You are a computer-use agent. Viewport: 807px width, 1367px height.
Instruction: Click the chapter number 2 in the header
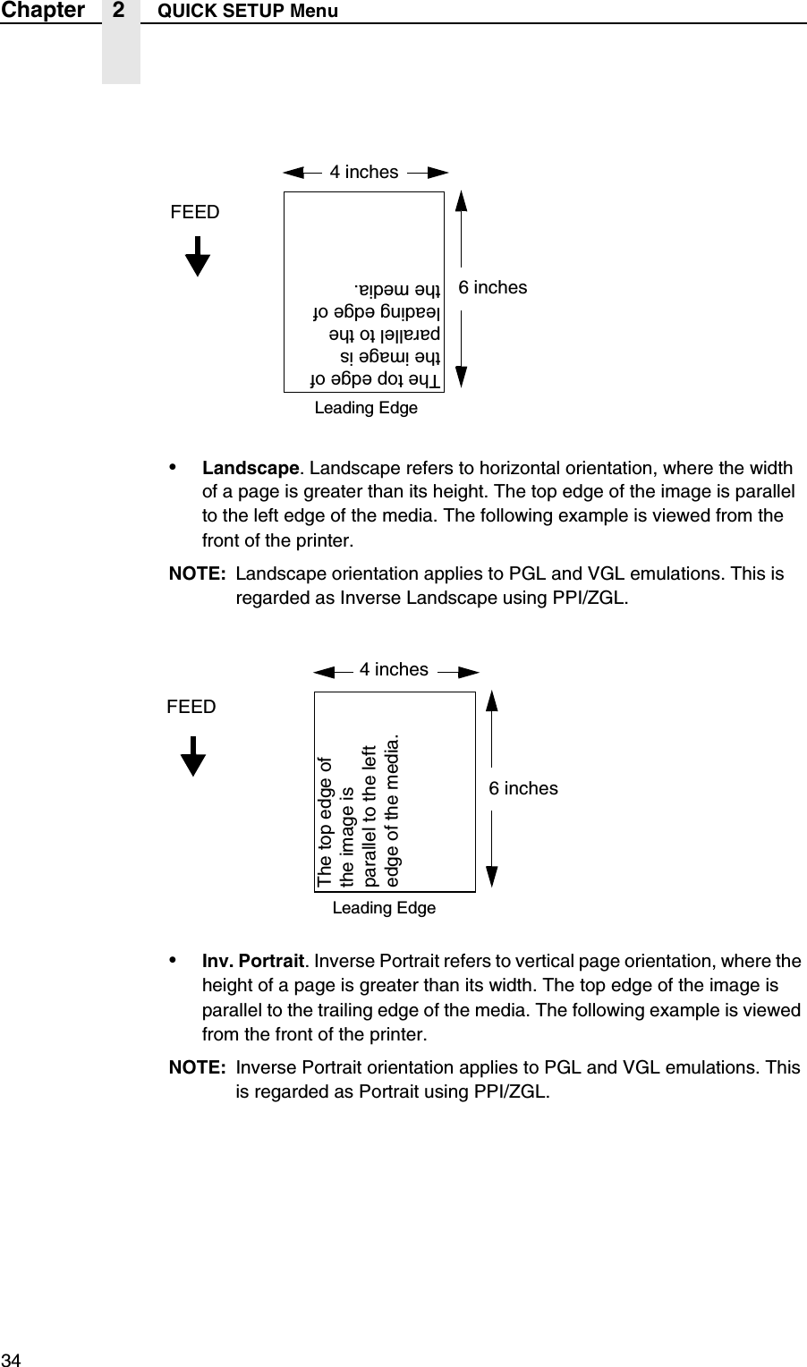pyautogui.click(x=121, y=11)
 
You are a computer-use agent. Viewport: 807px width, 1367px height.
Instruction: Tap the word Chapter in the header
pyautogui.click(x=42, y=11)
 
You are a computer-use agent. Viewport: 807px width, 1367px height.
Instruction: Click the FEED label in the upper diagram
pyautogui.click(x=194, y=212)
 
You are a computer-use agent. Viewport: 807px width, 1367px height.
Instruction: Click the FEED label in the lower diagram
pyautogui.click(x=191, y=707)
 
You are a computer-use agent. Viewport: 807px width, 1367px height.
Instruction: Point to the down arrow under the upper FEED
pyautogui.click(x=197, y=257)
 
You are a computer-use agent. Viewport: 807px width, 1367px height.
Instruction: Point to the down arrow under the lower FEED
pyautogui.click(x=193, y=757)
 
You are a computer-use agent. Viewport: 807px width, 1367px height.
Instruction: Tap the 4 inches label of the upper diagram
pyautogui.click(x=364, y=172)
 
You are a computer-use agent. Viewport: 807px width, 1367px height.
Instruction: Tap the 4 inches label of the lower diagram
pyautogui.click(x=394, y=669)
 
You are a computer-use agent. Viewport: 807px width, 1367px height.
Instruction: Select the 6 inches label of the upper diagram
pyautogui.click(x=493, y=287)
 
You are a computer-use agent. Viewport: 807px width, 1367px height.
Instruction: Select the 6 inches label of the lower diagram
pyautogui.click(x=523, y=788)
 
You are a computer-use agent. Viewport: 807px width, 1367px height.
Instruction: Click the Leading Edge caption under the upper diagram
pyautogui.click(x=367, y=408)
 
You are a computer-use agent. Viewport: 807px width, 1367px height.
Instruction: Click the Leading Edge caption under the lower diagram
pyautogui.click(x=384, y=908)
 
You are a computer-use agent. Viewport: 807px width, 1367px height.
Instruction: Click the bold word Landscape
pyautogui.click(x=250, y=468)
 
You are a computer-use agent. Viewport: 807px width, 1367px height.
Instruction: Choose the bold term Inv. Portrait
pyautogui.click(x=253, y=963)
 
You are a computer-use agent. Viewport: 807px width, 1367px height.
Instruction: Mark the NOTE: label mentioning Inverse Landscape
pyautogui.click(x=198, y=573)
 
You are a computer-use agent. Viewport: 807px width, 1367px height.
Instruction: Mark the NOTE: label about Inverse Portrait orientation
pyautogui.click(x=198, y=1068)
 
